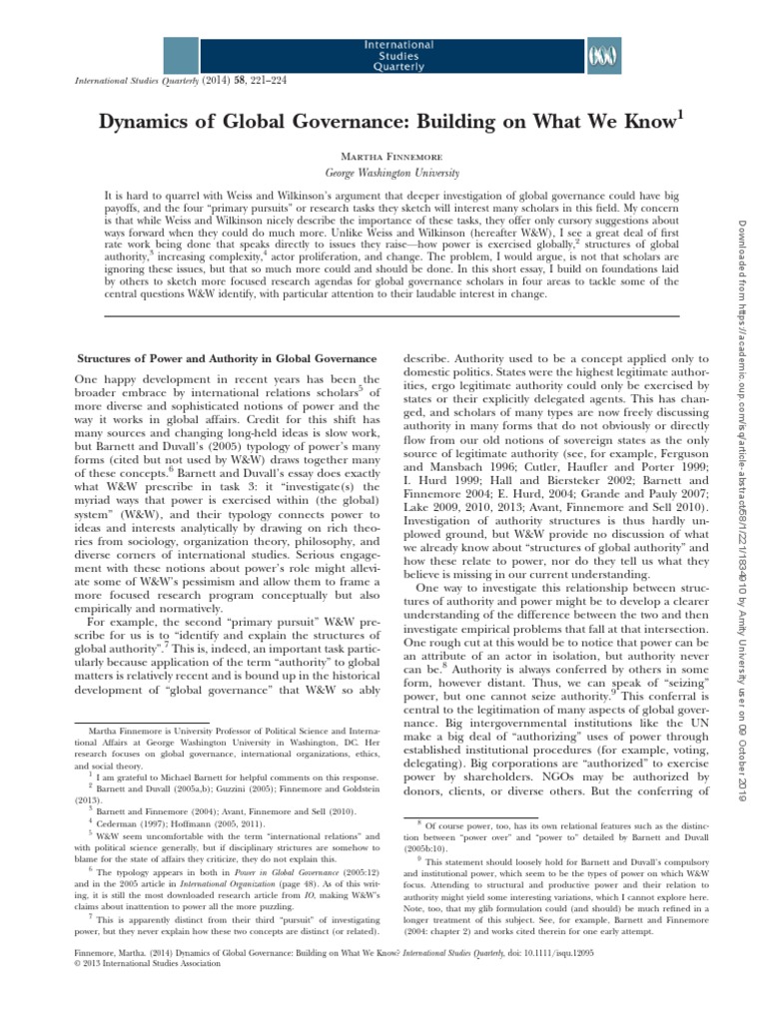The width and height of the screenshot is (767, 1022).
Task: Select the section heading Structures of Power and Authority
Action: (x=228, y=358)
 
